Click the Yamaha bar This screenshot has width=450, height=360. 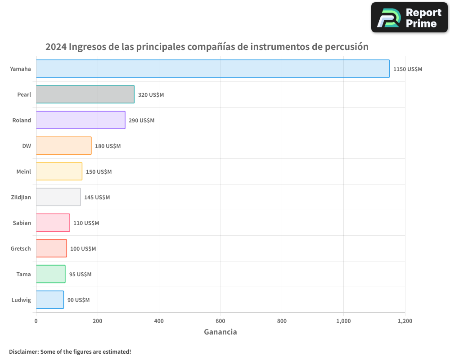tap(212, 69)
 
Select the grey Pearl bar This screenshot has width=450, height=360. tap(85, 94)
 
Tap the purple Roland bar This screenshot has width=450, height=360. tap(81, 120)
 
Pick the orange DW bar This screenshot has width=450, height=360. tap(63, 146)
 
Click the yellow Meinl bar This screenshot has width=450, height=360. tap(59, 171)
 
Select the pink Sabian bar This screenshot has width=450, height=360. tap(53, 223)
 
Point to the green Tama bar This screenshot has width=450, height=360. tap(50, 274)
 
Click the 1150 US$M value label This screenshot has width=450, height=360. tap(408, 69)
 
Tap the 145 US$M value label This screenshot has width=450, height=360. tap(97, 198)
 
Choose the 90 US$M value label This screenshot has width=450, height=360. tap(78, 300)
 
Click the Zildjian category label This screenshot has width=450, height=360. tap(21, 197)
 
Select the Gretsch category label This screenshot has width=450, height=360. tap(21, 248)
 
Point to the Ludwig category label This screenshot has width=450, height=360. tap(21, 300)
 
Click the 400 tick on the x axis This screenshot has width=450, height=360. tap(159, 321)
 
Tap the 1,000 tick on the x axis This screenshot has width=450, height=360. tap(343, 321)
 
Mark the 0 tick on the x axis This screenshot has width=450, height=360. tap(36, 321)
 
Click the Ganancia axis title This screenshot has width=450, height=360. tap(220, 332)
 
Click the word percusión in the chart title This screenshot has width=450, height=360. tap(346, 47)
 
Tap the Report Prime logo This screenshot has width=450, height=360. tap(409, 18)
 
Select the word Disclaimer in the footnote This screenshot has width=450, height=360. tap(23, 352)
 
